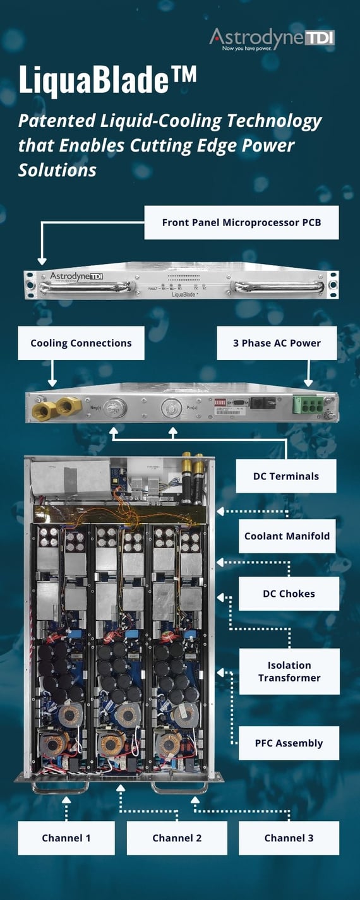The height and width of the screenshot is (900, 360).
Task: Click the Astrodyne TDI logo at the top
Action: click(272, 39)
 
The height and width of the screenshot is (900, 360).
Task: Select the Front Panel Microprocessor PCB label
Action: click(241, 222)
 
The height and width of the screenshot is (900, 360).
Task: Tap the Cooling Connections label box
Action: click(81, 343)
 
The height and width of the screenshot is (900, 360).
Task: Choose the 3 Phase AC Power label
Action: click(277, 343)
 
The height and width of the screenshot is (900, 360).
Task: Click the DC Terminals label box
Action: click(285, 476)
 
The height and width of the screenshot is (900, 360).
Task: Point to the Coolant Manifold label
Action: click(287, 536)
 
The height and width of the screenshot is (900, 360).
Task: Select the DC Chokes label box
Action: click(289, 594)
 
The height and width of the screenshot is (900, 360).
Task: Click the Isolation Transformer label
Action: click(289, 671)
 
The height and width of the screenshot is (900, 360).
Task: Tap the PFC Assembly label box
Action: click(289, 743)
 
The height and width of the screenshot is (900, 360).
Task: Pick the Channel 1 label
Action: click(66, 838)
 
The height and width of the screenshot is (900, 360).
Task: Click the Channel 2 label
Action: click(177, 838)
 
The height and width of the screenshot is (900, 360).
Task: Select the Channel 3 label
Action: click(289, 838)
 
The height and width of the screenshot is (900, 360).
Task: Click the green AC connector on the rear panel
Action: click(310, 405)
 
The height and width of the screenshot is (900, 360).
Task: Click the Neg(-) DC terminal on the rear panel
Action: click(114, 407)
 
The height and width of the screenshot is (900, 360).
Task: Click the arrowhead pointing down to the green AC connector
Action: click(308, 383)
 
